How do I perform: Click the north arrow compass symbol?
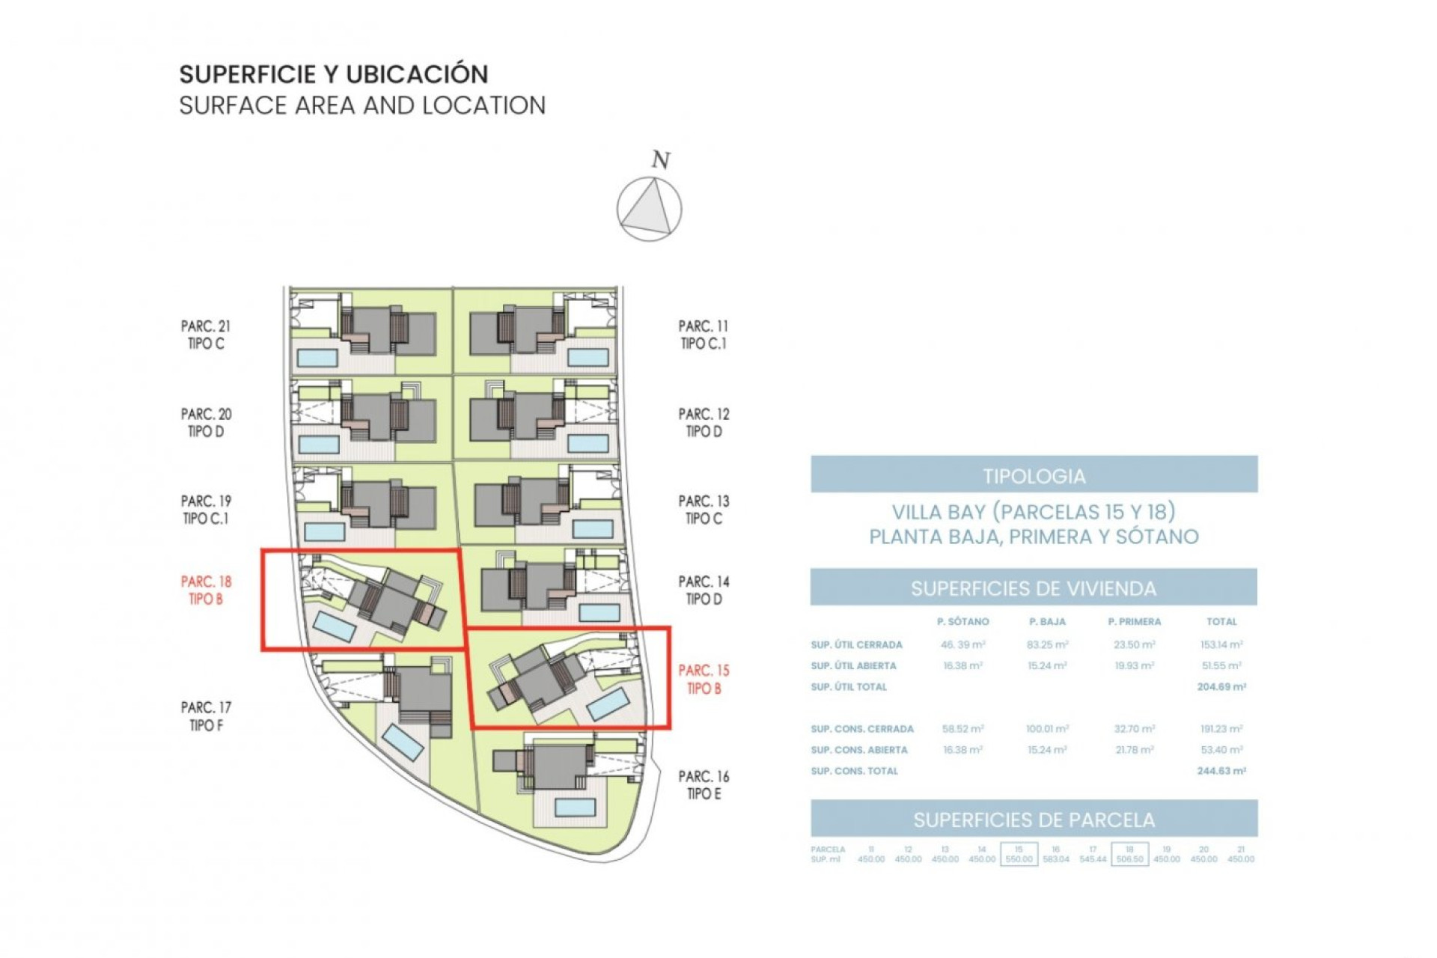point(649,209)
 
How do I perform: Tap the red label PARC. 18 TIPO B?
point(206,590)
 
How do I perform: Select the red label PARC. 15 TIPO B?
point(704,679)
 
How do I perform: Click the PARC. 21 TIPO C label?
point(206,335)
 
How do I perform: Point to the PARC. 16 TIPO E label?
point(704,785)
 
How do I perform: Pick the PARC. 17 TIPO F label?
point(206,716)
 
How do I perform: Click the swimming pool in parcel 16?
point(575,807)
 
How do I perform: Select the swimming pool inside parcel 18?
point(334,626)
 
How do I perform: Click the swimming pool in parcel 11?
point(588,357)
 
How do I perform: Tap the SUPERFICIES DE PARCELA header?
point(1034,819)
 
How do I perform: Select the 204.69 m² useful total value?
point(1221,686)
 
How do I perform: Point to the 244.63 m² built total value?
point(1221,770)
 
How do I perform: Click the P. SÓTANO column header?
point(962,621)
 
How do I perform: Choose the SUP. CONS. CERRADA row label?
point(861,728)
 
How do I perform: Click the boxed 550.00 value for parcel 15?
point(1018,858)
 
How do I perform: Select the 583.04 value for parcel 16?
point(1055,858)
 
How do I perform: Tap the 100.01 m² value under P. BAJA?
point(1047,728)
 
